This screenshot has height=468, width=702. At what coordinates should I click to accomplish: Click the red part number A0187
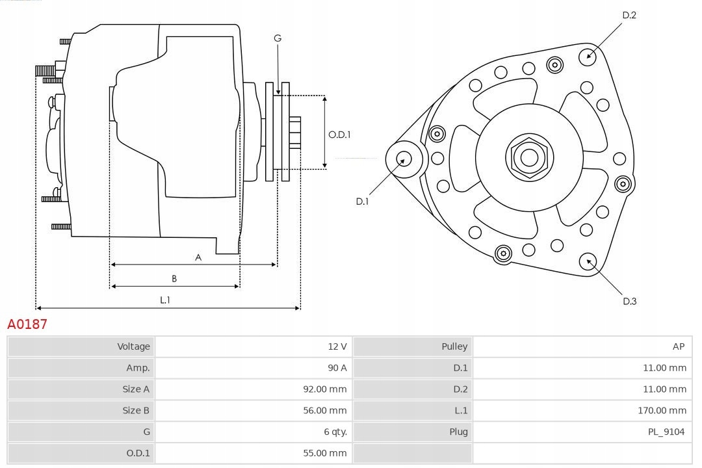coord(27,324)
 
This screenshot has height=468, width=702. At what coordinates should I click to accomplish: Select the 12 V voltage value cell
coord(337,346)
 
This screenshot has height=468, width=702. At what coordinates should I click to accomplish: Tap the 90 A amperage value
coord(337,368)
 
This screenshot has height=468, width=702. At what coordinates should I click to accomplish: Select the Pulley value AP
coord(678,346)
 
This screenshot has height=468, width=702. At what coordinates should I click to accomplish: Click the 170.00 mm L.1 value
coord(662,410)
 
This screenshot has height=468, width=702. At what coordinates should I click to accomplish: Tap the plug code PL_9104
coord(666,432)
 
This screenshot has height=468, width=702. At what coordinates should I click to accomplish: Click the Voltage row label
coord(133,346)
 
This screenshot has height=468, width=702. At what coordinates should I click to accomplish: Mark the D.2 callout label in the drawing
coord(629,15)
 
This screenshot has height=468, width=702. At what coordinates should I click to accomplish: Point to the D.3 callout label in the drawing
coord(629,301)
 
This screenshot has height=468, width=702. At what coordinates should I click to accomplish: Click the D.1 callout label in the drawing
coord(362,201)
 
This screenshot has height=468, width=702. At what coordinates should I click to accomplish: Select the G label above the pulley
coord(278,38)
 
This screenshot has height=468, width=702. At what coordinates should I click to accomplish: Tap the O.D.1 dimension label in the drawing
coord(339,135)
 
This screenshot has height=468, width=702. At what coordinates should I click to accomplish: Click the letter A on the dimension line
coord(198,257)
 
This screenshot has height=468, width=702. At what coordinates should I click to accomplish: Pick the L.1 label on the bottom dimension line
coord(165,300)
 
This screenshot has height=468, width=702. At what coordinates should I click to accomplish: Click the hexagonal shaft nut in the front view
coord(529,157)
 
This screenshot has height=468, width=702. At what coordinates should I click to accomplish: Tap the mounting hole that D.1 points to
coord(404,158)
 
